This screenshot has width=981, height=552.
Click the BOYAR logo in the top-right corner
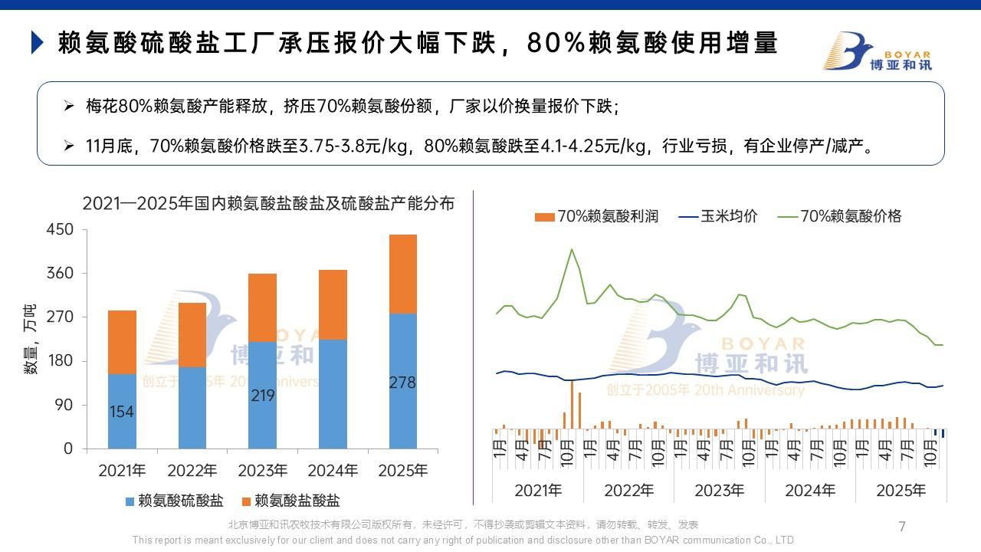878,51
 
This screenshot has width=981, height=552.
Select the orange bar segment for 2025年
403,274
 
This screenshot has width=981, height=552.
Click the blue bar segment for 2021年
122,411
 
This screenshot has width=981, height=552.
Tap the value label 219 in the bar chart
263,396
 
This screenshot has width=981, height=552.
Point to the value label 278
403,383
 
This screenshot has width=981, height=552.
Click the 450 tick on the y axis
61,230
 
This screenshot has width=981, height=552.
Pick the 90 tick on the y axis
65,405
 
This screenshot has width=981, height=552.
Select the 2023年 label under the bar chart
263,471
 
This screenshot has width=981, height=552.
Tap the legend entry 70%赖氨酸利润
597,216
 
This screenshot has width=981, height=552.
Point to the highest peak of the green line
571,249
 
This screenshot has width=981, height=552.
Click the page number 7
902,526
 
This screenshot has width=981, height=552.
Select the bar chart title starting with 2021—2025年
268,203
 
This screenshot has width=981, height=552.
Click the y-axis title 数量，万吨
30,339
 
